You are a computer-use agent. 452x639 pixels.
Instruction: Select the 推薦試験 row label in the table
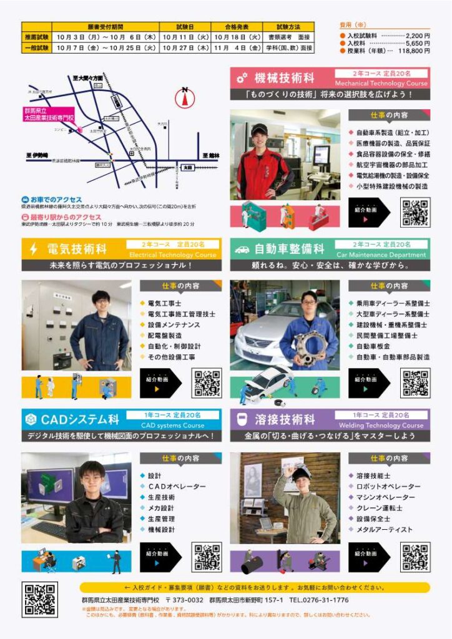(36, 37)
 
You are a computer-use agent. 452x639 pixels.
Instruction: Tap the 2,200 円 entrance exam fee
(418, 36)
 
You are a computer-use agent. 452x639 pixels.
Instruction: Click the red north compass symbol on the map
(185, 98)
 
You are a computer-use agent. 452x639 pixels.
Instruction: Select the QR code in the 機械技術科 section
(415, 213)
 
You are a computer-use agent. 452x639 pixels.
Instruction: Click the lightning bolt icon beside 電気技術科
(34, 250)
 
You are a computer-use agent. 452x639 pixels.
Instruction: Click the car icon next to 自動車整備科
(242, 250)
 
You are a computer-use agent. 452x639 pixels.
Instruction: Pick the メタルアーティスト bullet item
(384, 529)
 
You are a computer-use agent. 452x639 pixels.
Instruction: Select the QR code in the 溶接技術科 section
(415, 557)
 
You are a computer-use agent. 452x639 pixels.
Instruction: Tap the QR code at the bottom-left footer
(39, 600)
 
